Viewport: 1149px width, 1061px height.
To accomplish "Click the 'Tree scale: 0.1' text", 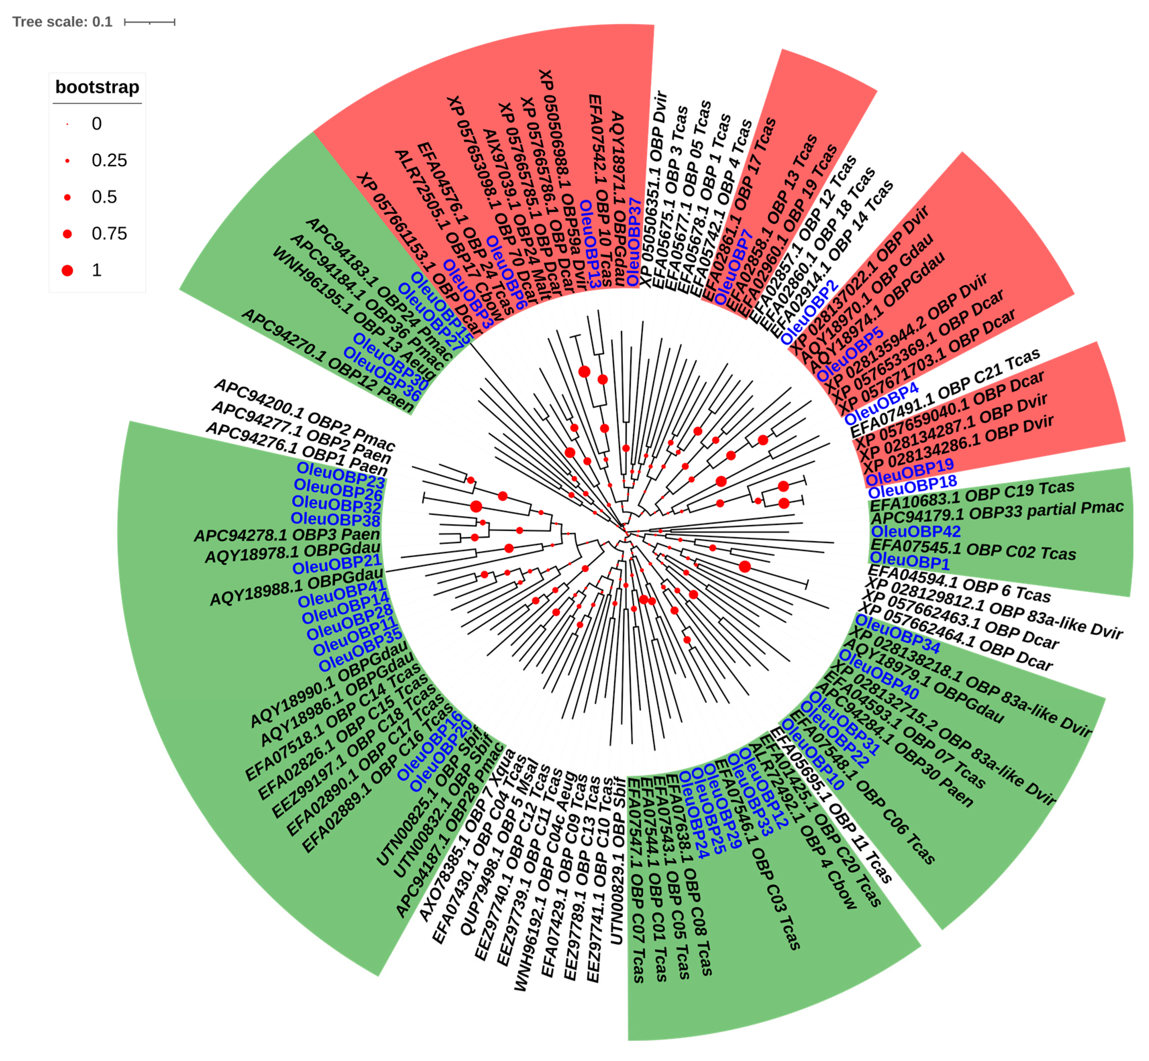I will coord(62,22).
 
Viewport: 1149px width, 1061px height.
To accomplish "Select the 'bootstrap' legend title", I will coord(97,87).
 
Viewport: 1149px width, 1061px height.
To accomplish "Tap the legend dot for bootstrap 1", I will coord(67,270).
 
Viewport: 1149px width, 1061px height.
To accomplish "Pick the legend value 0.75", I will coord(109,234).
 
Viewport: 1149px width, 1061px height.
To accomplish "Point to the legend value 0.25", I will coord(109,160).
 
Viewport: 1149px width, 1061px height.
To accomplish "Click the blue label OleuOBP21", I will coord(337,564).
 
